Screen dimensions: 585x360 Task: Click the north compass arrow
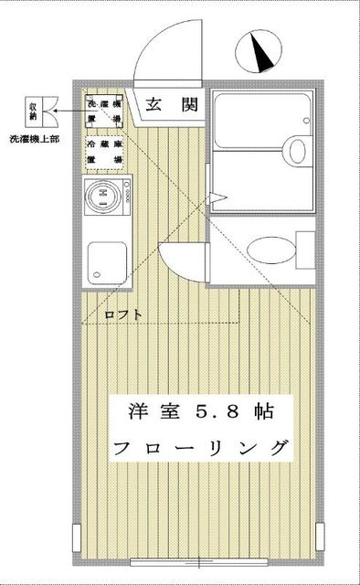click(x=260, y=52)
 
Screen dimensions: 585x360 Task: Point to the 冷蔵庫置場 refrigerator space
click(x=105, y=152)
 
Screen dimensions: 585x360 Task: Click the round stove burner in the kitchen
click(x=104, y=195)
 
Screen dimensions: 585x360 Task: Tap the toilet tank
click(x=306, y=249)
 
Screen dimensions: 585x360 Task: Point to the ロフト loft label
click(x=122, y=314)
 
